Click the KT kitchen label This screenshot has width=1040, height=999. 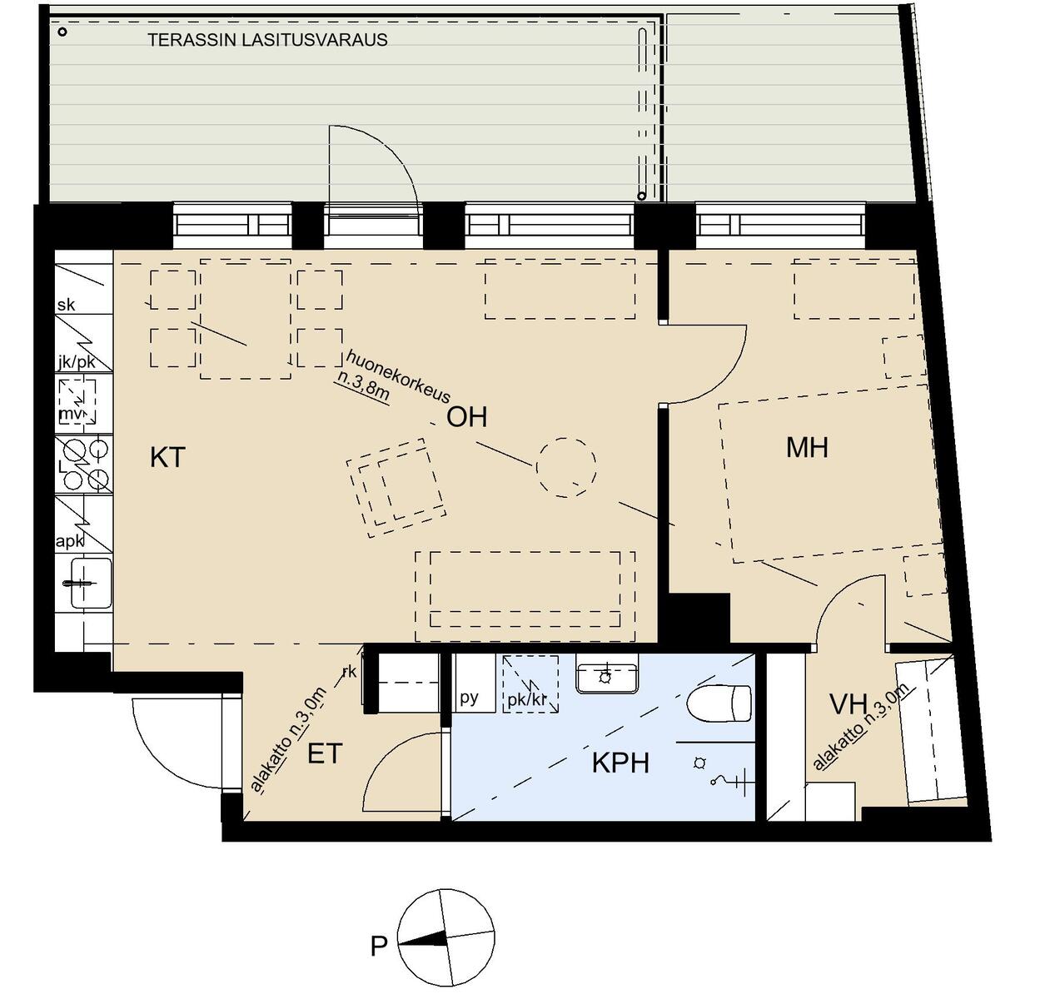[x=167, y=458]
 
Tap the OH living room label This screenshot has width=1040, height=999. [x=466, y=417]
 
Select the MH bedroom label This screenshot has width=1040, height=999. [x=807, y=448]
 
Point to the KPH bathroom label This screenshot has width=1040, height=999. [x=620, y=763]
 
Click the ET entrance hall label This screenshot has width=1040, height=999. [x=325, y=753]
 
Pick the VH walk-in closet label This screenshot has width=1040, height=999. [x=848, y=704]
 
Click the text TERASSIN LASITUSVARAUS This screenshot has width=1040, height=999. [x=267, y=40]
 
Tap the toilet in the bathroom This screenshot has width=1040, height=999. [x=719, y=703]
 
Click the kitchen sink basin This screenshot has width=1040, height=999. [x=92, y=583]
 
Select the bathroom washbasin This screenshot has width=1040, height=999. [x=606, y=678]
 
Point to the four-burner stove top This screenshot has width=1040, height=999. [x=84, y=465]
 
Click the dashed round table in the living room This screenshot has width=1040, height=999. [x=566, y=467]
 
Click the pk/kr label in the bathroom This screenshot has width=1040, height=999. [x=526, y=700]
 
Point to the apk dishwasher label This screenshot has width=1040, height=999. [x=70, y=541]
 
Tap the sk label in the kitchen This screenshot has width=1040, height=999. [x=66, y=305]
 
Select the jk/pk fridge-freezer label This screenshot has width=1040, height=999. [x=77, y=362]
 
